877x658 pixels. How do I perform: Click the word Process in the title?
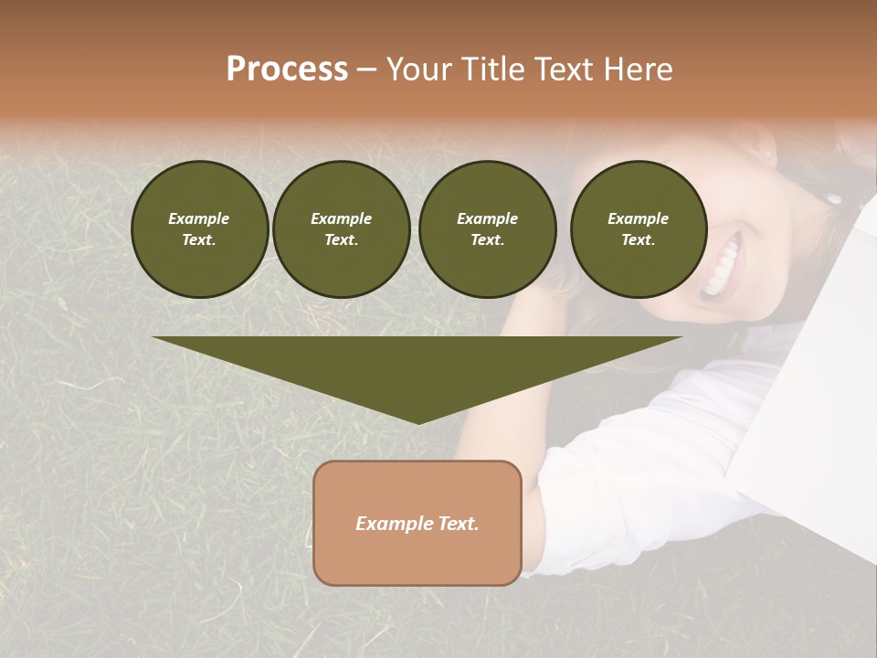(x=287, y=69)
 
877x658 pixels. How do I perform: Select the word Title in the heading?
(x=494, y=69)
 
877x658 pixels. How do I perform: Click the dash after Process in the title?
(x=367, y=70)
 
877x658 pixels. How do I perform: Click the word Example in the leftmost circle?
(x=199, y=218)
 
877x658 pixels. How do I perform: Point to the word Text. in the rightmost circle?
(x=639, y=240)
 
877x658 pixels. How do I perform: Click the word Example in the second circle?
(x=341, y=218)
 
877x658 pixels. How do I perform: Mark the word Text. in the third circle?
(x=487, y=240)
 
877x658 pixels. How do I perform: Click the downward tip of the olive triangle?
(x=417, y=419)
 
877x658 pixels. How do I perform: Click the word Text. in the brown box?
(x=459, y=524)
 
